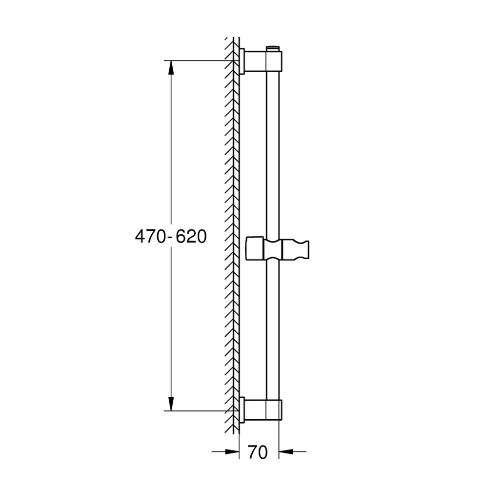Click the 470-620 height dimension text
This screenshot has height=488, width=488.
(171, 237)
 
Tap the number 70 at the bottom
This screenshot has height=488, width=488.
(258, 452)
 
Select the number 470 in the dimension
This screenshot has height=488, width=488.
(151, 237)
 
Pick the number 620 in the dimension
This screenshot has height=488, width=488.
(191, 237)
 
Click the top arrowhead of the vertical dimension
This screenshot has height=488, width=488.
(170, 67)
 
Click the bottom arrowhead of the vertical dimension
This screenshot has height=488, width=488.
(170, 404)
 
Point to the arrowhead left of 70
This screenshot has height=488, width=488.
(231, 451)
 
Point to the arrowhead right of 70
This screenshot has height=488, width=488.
(286, 451)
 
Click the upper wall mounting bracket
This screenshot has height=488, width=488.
(263, 61)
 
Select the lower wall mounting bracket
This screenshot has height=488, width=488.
(263, 409)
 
